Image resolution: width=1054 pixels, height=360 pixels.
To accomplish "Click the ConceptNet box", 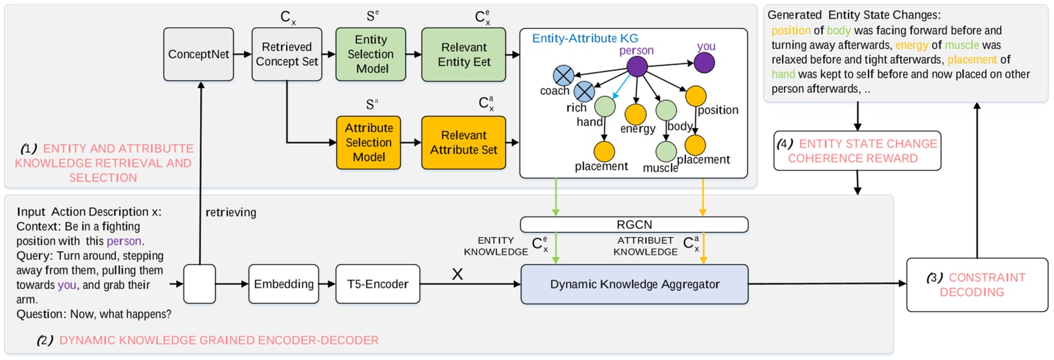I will coord(198,54).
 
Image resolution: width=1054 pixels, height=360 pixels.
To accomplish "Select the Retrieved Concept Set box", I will coord(286,54).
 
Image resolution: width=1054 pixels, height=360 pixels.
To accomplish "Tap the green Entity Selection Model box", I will coord(370,54).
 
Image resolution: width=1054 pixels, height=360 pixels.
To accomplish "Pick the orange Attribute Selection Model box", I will coord(368,143).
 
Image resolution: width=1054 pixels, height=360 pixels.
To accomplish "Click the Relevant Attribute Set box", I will coord(463,143).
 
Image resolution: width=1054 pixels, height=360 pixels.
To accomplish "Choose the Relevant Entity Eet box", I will coord(463,54).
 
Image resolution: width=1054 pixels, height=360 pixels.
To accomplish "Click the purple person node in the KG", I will coord(637,66).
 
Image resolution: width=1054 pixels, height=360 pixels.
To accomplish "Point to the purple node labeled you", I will coord(704,63).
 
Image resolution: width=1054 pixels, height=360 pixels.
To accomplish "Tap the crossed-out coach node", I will coord(563,75).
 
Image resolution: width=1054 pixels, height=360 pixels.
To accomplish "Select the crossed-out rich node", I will coord(584,92).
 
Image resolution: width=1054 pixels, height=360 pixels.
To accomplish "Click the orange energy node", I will coord(635,114).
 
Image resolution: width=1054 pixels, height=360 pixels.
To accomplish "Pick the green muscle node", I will coord(666,152).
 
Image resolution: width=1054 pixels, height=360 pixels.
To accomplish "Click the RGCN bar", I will coord(634,225).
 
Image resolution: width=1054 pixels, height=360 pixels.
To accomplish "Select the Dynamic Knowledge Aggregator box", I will coord(634,284).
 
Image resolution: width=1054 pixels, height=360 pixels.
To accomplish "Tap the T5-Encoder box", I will coord(377,284).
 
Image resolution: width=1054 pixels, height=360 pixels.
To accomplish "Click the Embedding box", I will coord(283,284).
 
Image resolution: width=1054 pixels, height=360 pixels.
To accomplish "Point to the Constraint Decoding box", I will coord(977,285).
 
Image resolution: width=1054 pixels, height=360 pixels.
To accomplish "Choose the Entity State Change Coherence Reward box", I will coord(857,151).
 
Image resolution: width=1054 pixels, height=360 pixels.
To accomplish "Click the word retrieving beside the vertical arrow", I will coord(230,212).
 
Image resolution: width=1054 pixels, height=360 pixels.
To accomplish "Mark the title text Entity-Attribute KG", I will coord(584,39).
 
